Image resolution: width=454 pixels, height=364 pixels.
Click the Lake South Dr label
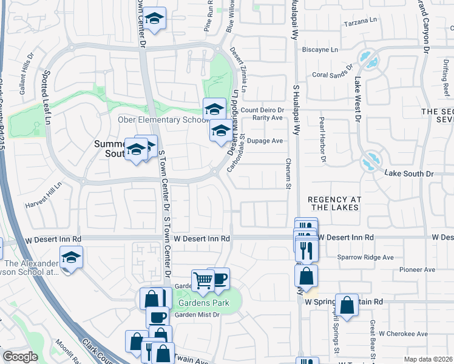410,174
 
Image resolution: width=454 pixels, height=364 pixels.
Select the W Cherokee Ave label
404,334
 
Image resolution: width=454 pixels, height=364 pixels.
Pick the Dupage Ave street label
269,141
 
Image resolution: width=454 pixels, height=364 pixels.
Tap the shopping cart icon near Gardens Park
203,280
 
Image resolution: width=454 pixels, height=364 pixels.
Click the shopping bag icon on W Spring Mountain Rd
347,305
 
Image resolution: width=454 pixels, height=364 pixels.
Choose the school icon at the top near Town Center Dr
155,19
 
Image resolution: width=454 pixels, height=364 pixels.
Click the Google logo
19,357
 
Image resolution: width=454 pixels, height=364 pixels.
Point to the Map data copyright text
427,359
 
